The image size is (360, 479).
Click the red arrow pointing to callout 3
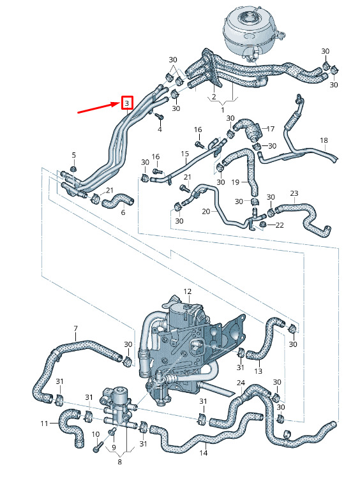(x=99, y=107)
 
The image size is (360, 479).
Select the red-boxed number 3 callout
(x=127, y=103)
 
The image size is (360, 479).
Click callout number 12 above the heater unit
(x=187, y=291)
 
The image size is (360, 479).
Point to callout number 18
(x=324, y=140)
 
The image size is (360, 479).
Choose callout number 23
(x=294, y=193)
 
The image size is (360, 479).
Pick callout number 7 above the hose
(x=75, y=328)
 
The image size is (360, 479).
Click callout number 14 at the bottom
(x=203, y=453)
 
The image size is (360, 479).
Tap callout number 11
(x=44, y=424)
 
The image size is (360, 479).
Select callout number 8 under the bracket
(x=119, y=462)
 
